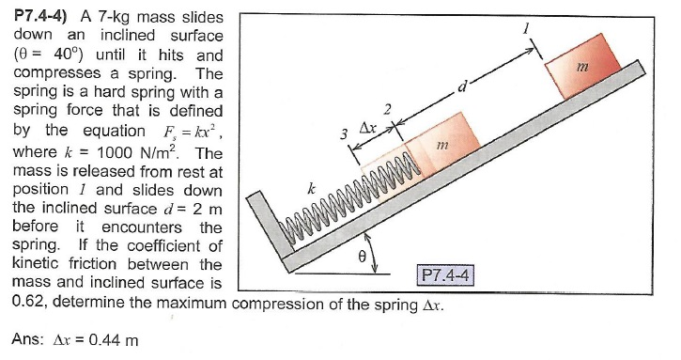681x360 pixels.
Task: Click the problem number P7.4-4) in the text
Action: point(43,16)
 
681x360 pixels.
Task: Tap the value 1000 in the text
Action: point(112,153)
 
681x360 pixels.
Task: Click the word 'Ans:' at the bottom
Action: point(32,339)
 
